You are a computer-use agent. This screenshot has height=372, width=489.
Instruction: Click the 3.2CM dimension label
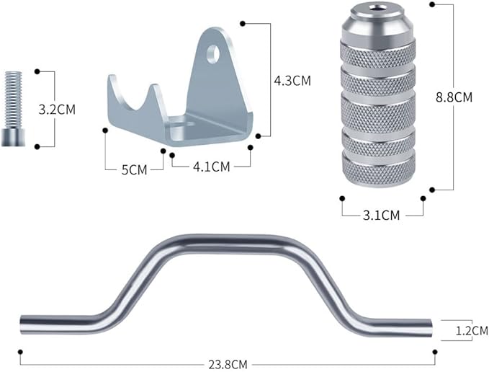57,110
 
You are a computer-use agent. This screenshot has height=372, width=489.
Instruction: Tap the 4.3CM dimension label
292,81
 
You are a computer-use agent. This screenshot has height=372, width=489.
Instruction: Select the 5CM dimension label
134,169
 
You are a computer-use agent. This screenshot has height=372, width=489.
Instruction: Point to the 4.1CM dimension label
212,167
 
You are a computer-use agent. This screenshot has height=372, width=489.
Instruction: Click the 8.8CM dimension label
454,97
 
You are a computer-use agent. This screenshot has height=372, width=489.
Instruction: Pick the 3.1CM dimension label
381,216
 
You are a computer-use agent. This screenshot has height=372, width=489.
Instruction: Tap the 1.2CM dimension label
472,331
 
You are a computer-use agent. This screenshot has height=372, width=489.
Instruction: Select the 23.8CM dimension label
228,365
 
